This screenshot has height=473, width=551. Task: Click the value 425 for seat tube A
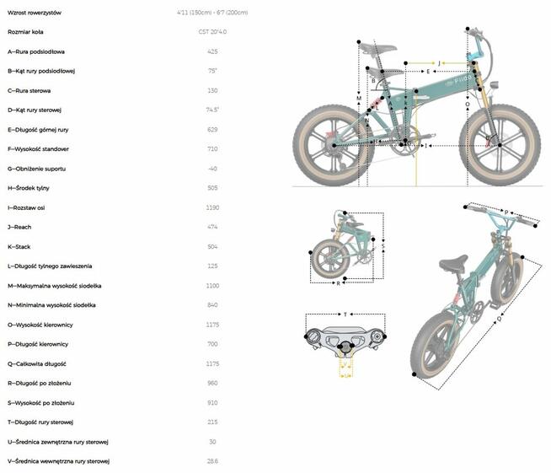coord(212,51)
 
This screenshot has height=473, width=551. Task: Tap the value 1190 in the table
coord(212,207)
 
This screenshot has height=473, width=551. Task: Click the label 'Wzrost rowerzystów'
coord(34,13)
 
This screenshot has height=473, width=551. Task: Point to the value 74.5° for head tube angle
coord(212,110)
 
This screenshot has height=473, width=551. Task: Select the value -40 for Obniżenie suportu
coord(212,169)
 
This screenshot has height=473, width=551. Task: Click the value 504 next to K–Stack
coord(212,246)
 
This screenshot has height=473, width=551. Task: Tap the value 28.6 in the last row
coord(212,461)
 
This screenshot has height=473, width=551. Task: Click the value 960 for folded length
coord(212,383)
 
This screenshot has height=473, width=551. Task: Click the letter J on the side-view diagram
coord(439,62)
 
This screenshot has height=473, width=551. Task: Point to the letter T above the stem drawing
coord(345,314)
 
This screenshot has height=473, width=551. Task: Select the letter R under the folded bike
coord(338,283)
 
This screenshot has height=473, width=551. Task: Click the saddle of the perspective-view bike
coord(453,264)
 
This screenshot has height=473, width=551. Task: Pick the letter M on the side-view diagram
coord(359,99)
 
